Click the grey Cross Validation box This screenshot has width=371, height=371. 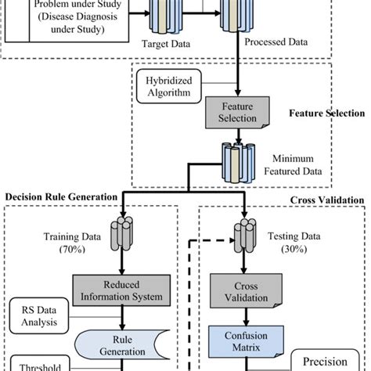tap(245, 291)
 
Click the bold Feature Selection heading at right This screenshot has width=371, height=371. tap(326, 113)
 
